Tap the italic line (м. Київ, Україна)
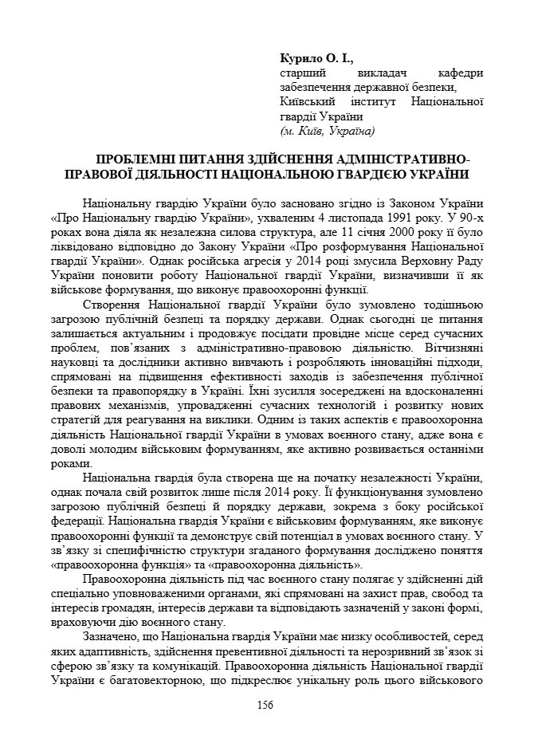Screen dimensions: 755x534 coord(327,130)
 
